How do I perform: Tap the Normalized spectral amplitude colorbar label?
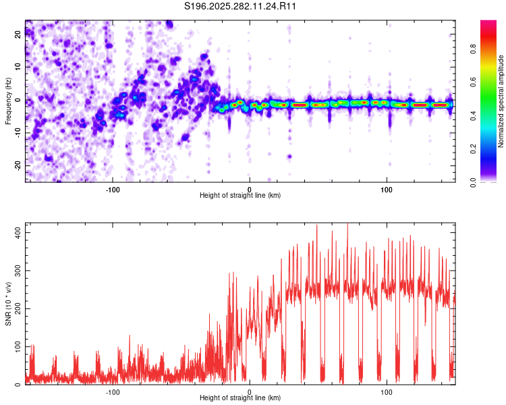(501, 101)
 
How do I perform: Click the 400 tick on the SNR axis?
(18, 232)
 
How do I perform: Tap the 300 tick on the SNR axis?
(18, 270)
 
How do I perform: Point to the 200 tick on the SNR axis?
(18, 308)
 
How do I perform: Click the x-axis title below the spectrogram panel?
(240, 196)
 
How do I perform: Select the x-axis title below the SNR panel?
(240, 398)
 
